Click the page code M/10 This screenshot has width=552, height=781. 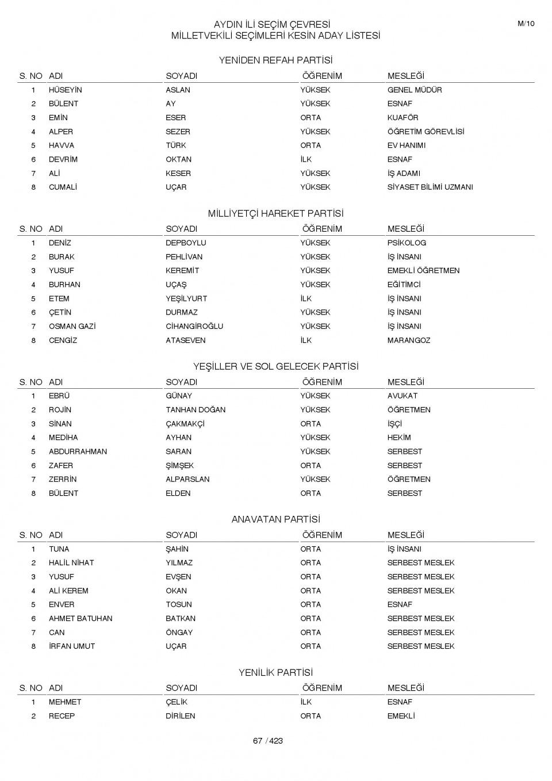(526, 24)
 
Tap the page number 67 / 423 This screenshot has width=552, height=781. (268, 741)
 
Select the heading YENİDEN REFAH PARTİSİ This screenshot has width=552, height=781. (275, 60)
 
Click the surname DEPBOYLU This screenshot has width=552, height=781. (186, 243)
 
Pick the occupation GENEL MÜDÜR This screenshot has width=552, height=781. (415, 90)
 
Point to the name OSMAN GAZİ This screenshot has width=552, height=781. (72, 326)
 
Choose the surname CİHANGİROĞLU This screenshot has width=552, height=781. (194, 326)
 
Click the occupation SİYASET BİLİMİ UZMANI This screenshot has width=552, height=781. (430, 187)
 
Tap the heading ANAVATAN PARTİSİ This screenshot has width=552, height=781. (275, 519)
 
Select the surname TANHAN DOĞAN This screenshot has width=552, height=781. (195, 409)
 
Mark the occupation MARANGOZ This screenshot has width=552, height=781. (409, 340)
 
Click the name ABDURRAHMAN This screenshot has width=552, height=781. (78, 451)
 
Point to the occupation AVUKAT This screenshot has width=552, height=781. (402, 396)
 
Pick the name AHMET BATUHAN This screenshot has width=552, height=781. (80, 618)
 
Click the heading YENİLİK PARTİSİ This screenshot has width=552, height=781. (275, 672)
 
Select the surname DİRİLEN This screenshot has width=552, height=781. (181, 716)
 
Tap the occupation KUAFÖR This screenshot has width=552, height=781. (402, 117)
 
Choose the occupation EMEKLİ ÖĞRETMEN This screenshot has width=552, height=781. (423, 270)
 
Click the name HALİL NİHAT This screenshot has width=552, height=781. (71, 562)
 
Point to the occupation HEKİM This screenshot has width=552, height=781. (399, 438)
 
